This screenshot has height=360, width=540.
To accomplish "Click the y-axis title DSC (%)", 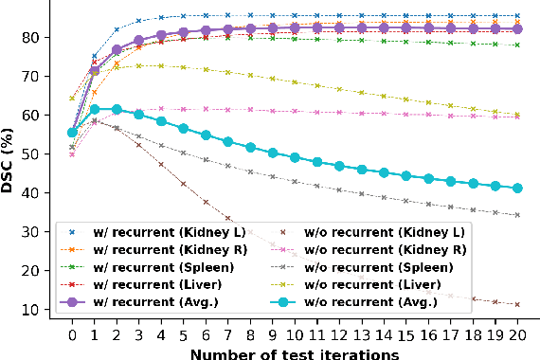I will point(12,161).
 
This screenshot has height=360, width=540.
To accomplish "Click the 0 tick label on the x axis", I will point(72,333).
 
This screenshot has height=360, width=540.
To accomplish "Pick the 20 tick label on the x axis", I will point(517,333).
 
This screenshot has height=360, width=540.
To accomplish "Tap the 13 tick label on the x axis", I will point(361,333).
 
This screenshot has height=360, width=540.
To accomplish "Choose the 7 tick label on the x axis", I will point(227,333).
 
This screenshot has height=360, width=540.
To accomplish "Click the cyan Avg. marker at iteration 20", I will point(517,189).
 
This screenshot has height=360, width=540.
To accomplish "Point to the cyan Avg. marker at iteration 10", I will point(295,157).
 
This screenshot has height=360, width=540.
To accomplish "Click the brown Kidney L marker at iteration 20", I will point(517,304).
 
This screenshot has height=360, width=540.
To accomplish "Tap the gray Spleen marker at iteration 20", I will point(517,215).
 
